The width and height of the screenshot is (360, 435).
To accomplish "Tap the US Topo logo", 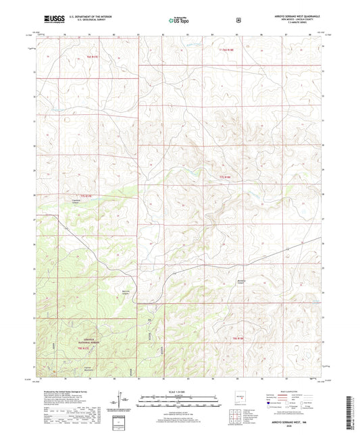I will (179, 21).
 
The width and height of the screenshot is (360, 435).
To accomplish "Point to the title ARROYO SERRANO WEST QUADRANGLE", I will (289, 18).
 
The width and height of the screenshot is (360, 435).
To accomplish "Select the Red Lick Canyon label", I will (126, 292).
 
